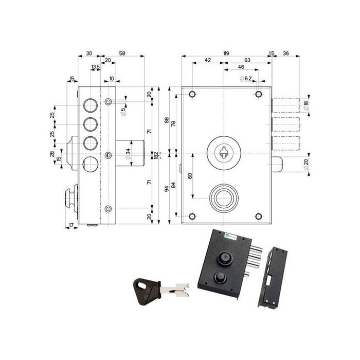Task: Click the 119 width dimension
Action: [226, 53]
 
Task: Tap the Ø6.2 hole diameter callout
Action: [245, 78]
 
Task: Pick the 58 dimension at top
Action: [121, 53]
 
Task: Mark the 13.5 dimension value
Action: [95, 67]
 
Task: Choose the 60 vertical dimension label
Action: [190, 176]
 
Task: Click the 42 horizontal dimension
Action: [208, 61]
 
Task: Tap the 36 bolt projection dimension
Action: [286, 53]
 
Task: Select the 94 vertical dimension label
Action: [166, 189]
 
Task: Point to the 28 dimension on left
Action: [52, 154]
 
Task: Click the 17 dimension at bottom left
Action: [71, 225]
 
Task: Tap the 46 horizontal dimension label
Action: [241, 67]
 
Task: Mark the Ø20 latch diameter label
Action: [306, 164]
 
